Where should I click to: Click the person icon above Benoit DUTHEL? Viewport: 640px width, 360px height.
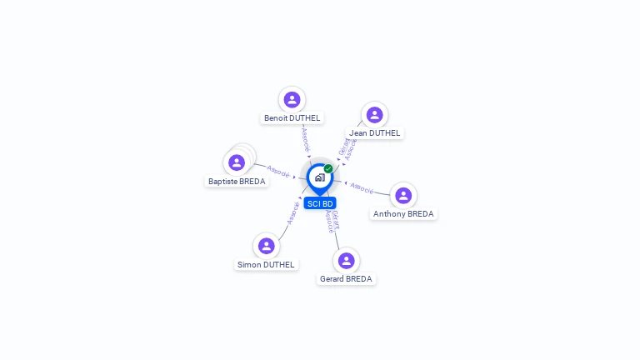click(292, 100)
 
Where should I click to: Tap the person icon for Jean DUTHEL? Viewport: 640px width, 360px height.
click(374, 115)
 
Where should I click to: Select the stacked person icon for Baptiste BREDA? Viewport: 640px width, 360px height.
click(237, 162)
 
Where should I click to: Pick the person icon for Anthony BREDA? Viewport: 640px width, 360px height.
click(403, 196)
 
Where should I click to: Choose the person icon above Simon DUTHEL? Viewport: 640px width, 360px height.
click(267, 246)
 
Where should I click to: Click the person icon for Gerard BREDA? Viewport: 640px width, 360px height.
click(347, 261)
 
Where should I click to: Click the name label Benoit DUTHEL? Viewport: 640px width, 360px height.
click(292, 118)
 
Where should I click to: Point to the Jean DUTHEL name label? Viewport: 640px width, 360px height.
click(374, 133)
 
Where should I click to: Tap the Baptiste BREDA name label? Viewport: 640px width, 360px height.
click(237, 182)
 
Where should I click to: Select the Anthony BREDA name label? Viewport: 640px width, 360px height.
click(403, 214)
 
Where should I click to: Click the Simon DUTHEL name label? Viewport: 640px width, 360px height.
click(266, 265)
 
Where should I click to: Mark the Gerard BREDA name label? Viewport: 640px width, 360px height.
click(347, 279)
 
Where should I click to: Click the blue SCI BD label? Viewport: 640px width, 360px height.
click(320, 203)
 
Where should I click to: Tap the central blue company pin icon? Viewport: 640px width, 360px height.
click(319, 177)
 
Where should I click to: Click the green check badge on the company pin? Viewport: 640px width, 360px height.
click(328, 168)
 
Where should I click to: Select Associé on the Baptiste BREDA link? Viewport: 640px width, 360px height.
click(278, 172)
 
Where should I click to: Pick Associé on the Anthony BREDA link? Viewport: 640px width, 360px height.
click(362, 187)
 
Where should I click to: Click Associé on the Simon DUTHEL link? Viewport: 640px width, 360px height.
click(292, 213)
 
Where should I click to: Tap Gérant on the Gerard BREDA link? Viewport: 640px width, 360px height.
click(335, 217)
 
